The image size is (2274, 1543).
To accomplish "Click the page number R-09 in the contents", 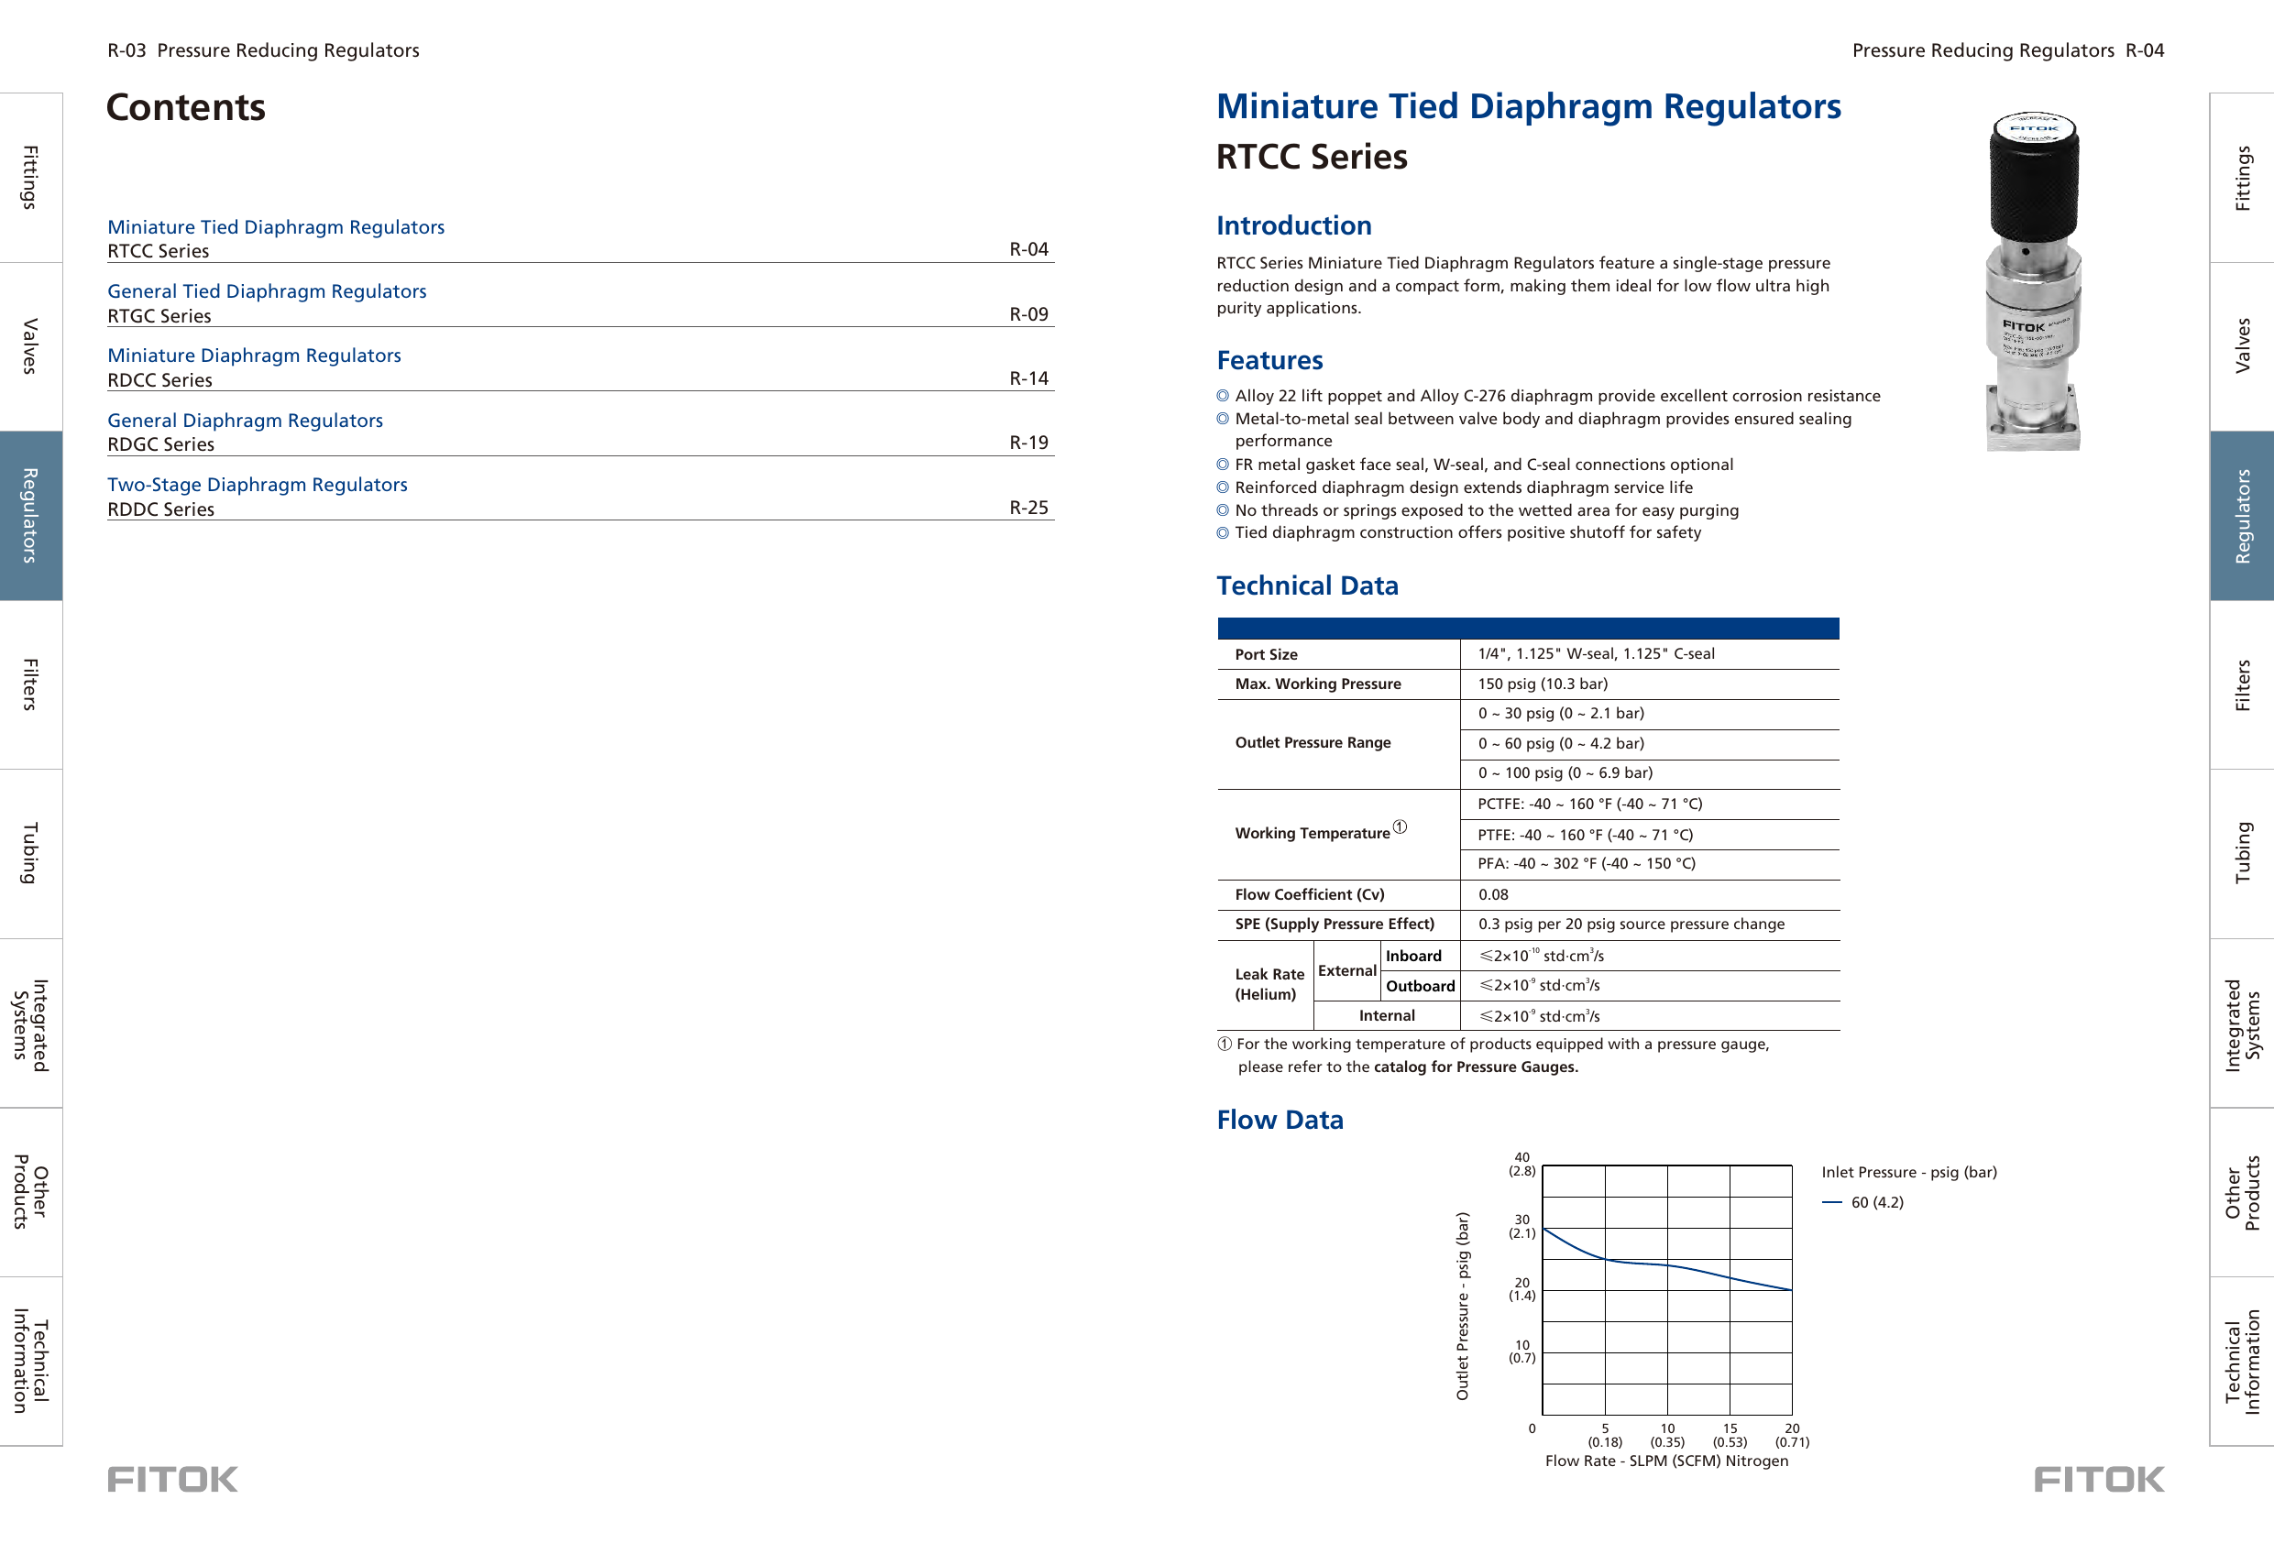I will coord(1027,314).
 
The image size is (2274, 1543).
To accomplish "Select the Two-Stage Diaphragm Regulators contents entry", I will coord(258,485).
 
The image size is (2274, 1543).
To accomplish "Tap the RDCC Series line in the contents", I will coord(159,379).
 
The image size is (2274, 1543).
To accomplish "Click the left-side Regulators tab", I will coord(30,515).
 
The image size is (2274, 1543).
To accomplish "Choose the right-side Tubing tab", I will coord(2242,852).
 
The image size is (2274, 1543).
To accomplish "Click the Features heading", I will coord(1269,360).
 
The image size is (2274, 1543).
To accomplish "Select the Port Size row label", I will coord(1265,654).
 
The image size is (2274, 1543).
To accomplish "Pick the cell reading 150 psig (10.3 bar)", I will coord(1542,684).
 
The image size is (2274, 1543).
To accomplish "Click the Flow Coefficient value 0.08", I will coord(1492,894).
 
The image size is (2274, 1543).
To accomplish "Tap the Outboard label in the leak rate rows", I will coord(1419,986).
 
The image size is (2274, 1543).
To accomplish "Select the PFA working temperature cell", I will coord(1585,863).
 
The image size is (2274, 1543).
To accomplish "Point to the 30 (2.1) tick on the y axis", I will coord(1521,1226).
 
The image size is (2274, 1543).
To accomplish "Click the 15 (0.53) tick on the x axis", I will coord(1729,1434).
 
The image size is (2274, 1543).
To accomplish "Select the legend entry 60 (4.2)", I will coord(1876,1202).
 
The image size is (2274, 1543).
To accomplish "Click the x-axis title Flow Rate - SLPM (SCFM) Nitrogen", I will coord(1665,1461).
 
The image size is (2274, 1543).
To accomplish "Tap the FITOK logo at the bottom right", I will coord(2098,1480).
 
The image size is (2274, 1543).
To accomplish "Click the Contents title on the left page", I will coord(186,107).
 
